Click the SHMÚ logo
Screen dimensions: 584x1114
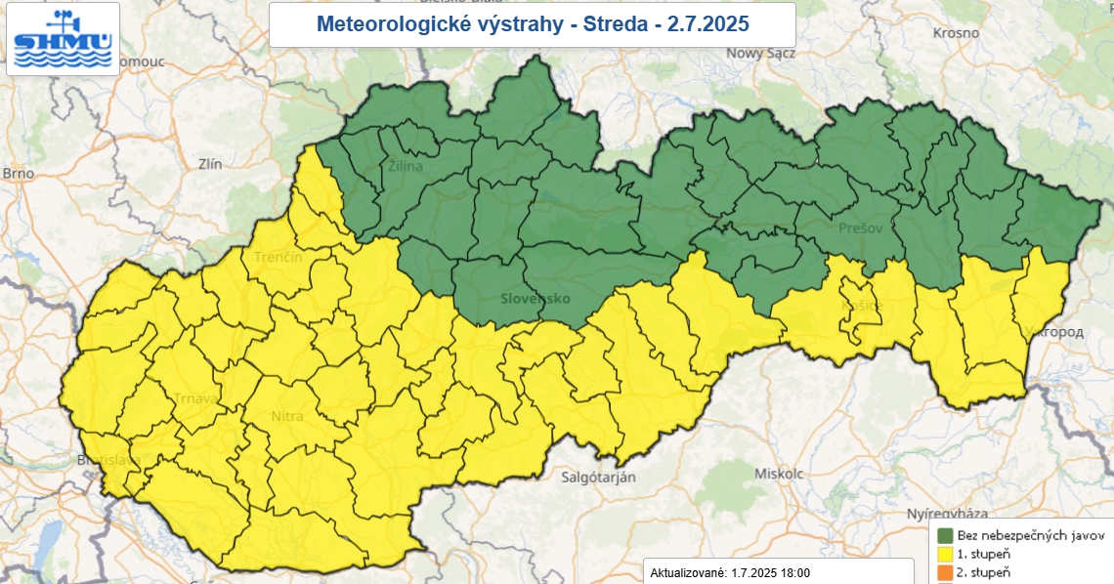[x=64, y=39]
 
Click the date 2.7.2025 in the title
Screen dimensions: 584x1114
[x=709, y=23]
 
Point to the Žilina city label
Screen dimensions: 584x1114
[x=406, y=166]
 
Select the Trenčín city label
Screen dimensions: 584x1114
[x=278, y=257]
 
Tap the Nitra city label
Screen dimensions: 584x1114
[x=287, y=416]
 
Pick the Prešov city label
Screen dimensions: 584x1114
[x=861, y=228]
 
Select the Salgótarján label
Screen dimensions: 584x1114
[x=599, y=477]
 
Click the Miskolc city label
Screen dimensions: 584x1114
[x=779, y=473]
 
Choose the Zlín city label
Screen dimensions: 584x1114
[x=210, y=164]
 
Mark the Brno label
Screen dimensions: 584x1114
[x=18, y=173]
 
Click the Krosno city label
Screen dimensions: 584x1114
[x=956, y=32]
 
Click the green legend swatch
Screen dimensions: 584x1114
[x=945, y=535]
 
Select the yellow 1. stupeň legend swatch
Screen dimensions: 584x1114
[x=945, y=554]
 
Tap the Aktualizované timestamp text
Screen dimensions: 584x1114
[x=729, y=573]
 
